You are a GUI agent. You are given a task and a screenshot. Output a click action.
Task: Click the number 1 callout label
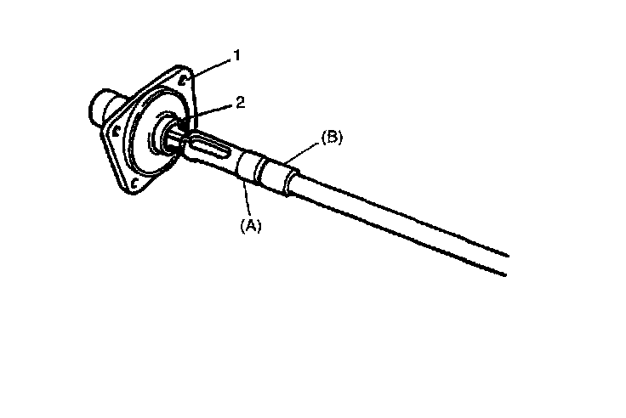click(x=237, y=55)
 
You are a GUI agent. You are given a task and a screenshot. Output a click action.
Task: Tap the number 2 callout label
click(x=241, y=102)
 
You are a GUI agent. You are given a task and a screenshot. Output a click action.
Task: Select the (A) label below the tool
click(x=251, y=225)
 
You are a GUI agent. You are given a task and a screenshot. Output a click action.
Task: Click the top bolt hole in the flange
click(x=184, y=81)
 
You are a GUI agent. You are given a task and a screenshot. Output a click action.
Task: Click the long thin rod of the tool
click(x=400, y=217)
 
